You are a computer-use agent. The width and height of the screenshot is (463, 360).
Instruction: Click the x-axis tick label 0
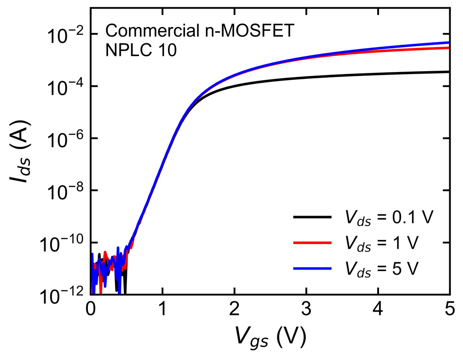(90, 309)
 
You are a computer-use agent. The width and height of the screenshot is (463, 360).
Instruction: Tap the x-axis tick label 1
(162, 309)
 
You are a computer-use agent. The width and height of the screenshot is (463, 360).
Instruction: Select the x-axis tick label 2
(235, 309)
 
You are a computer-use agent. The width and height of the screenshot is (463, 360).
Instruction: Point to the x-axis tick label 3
(307, 309)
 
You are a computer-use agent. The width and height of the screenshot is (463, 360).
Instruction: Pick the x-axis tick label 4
(378, 309)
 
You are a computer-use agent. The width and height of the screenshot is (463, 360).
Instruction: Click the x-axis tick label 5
(450, 309)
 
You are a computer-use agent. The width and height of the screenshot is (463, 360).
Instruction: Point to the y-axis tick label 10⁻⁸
(66, 192)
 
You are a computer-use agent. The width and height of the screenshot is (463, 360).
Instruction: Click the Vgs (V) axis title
(271, 337)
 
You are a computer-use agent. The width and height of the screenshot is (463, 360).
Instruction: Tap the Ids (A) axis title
(19, 151)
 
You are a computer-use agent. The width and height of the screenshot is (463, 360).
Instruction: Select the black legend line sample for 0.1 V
(313, 217)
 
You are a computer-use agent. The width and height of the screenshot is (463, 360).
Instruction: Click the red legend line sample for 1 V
(313, 243)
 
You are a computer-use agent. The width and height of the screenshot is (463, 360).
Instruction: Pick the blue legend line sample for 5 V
(313, 268)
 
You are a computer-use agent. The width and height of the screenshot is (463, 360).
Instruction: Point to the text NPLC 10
(141, 50)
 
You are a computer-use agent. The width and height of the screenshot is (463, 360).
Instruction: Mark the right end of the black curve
(449, 72)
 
